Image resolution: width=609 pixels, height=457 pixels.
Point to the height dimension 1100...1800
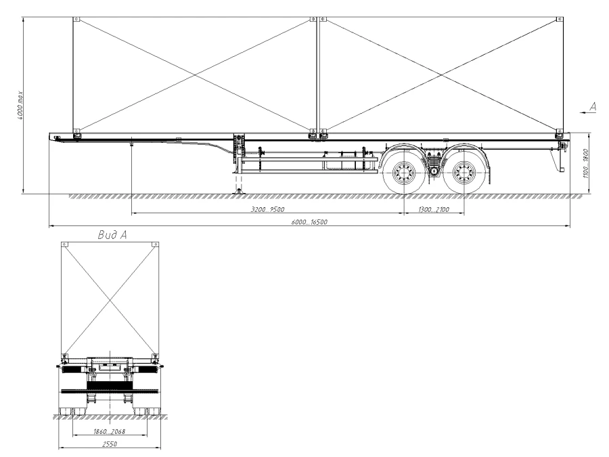click(586, 162)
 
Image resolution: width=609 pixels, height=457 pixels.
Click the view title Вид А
click(112, 235)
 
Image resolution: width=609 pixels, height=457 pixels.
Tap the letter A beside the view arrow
click(593, 106)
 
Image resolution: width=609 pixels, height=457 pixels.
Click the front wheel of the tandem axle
click(403, 173)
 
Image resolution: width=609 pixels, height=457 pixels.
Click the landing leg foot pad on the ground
click(238, 193)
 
